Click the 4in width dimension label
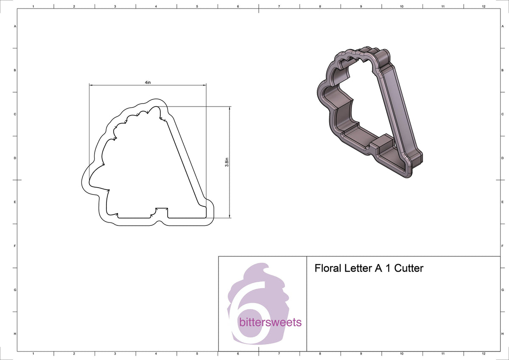point(147,82)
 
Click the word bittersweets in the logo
point(270,322)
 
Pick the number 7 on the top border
point(279,7)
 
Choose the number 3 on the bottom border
point(115,353)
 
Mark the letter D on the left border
point(15,158)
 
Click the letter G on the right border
point(503,290)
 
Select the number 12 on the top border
point(484,7)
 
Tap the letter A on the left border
point(15,26)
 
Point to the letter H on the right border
point(503,334)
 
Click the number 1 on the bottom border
point(33,353)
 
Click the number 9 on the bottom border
point(361,353)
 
